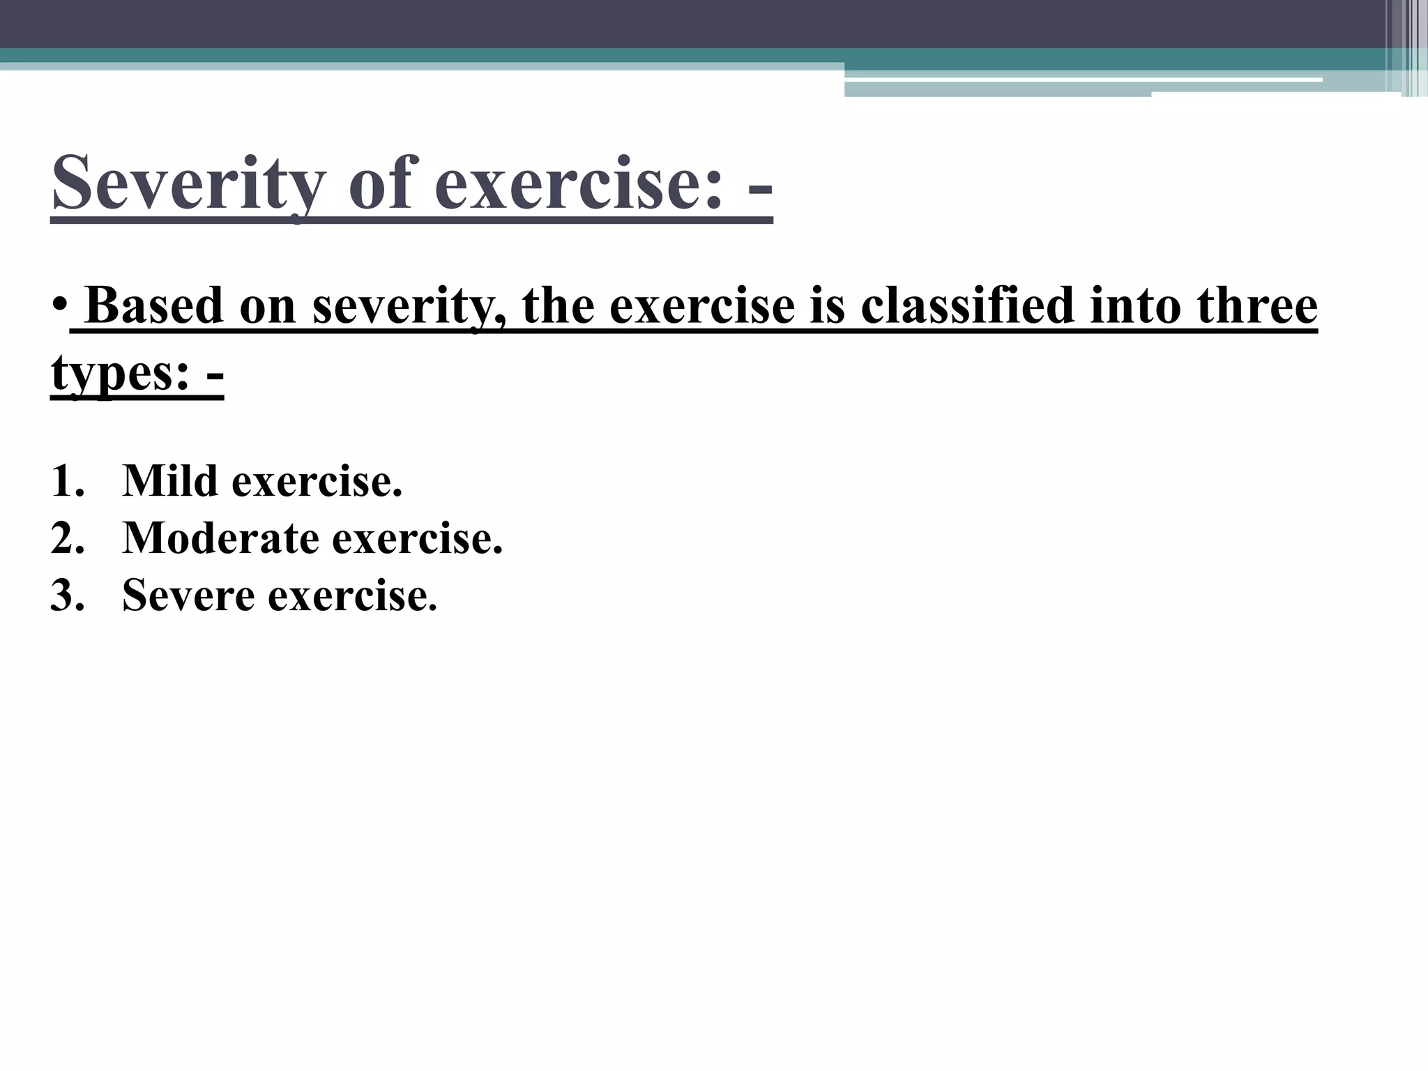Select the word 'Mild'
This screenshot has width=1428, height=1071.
170,481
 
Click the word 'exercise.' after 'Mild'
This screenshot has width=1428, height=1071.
317,481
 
